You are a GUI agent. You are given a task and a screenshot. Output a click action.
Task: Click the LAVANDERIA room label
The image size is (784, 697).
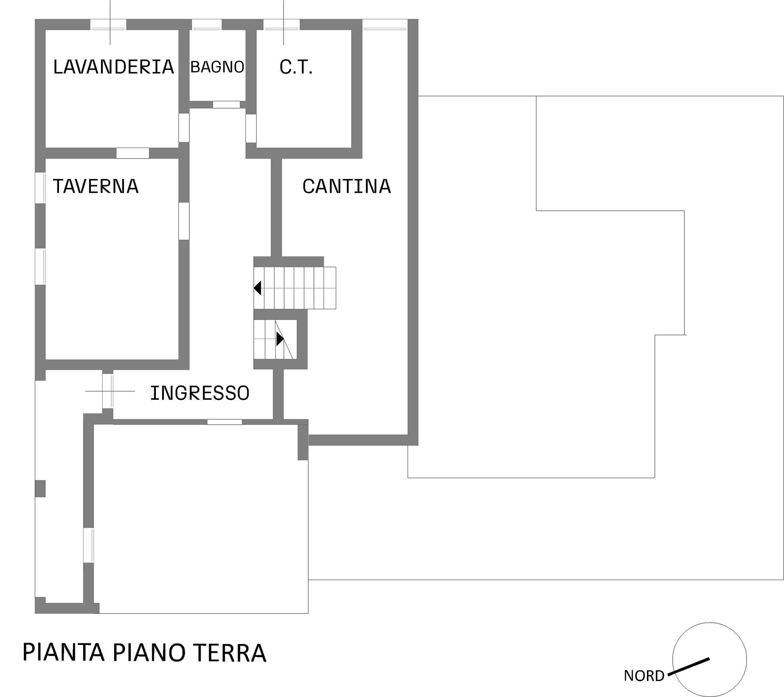coord(114,67)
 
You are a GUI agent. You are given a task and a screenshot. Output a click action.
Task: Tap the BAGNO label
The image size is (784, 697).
coord(217,67)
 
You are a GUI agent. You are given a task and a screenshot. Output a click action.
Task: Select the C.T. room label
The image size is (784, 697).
coord(296,67)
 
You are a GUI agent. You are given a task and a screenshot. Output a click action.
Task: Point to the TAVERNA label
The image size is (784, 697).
coord(96,186)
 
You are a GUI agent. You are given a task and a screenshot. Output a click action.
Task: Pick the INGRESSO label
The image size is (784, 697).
coord(200,393)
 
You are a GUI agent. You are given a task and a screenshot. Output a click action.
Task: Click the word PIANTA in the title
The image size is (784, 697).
coord(64,652)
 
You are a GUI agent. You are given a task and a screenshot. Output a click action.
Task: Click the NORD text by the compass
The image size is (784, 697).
coord(644,676)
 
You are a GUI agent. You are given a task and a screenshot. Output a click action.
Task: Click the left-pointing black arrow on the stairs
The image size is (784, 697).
coord(257,288)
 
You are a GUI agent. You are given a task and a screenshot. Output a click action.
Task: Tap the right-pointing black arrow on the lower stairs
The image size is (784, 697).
coord(280,339)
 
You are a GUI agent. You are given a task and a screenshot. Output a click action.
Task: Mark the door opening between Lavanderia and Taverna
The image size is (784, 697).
coord(133,153)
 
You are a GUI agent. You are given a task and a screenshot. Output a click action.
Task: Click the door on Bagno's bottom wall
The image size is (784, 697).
coord(227,105)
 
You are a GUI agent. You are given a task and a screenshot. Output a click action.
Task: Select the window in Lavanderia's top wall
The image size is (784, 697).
coord(108,24)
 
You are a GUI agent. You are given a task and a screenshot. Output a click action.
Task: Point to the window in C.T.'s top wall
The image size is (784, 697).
coord(282,24)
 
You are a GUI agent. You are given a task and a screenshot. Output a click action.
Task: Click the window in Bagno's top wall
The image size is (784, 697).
coord(207,24)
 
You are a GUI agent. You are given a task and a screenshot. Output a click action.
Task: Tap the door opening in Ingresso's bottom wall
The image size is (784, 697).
coord(225,422)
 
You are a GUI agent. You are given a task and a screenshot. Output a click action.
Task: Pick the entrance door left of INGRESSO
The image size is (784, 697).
coord(108,391)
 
